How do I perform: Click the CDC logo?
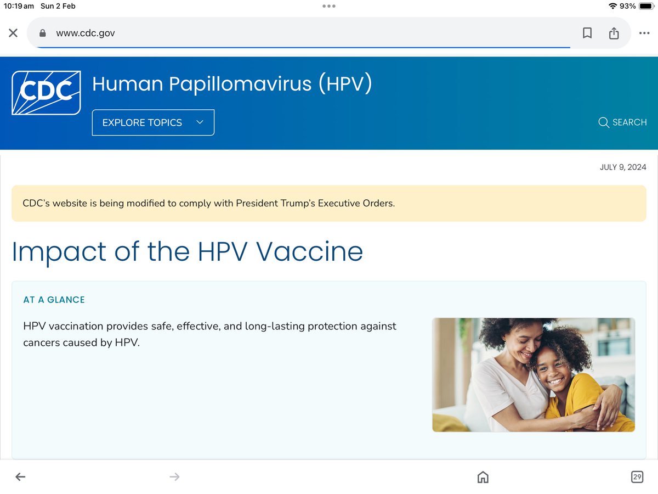pos(46,93)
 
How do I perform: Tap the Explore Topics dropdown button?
pos(153,122)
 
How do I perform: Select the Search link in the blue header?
pos(622,122)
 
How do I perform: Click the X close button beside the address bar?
pos(13,33)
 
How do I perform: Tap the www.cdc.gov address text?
pos(86,33)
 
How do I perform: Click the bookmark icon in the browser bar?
pos(587,33)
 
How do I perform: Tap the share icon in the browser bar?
pos(614,33)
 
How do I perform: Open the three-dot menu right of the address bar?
pos(644,33)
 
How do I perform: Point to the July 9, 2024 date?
pos(623,167)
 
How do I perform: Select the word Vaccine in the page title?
pos(310,251)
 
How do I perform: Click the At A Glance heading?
pos(54,300)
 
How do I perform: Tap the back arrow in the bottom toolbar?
pos(20,477)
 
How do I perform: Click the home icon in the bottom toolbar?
pos(483,477)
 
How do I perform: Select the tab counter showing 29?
pos(637,477)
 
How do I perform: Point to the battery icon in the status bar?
pos(646,6)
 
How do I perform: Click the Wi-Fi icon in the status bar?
pos(612,6)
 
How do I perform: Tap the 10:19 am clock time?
pos(19,6)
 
